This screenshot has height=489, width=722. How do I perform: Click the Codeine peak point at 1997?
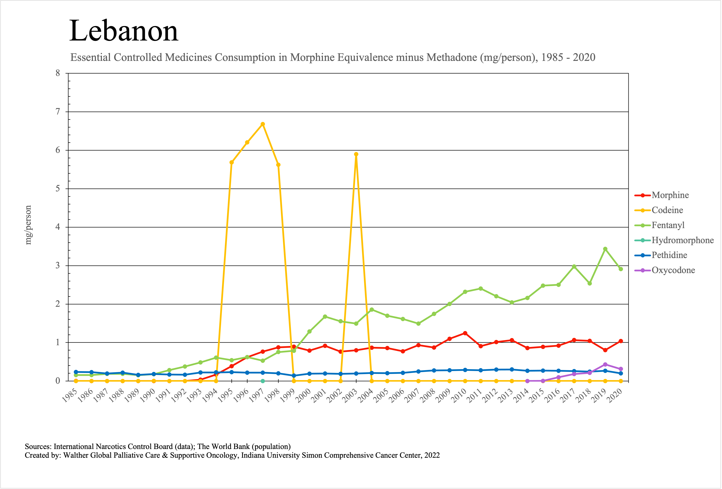click(x=263, y=124)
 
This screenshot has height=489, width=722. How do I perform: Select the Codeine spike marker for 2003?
click(x=356, y=154)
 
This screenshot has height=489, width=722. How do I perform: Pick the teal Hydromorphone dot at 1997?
click(x=263, y=381)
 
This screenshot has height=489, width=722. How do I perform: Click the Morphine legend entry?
click(x=670, y=195)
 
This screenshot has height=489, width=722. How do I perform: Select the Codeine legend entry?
click(x=667, y=210)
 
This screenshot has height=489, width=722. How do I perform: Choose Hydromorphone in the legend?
click(x=682, y=240)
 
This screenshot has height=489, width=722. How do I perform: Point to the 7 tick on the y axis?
click(x=58, y=112)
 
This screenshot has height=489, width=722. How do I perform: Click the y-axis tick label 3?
click(x=58, y=266)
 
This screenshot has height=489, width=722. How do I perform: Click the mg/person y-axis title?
click(x=28, y=225)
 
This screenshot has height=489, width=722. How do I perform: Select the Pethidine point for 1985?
click(x=76, y=372)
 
